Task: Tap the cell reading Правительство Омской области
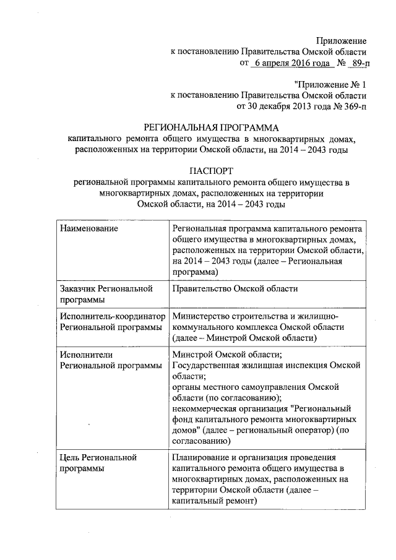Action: (235, 288)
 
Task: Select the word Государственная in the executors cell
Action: (209, 366)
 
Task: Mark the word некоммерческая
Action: (205, 409)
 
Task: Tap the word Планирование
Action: (202, 457)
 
